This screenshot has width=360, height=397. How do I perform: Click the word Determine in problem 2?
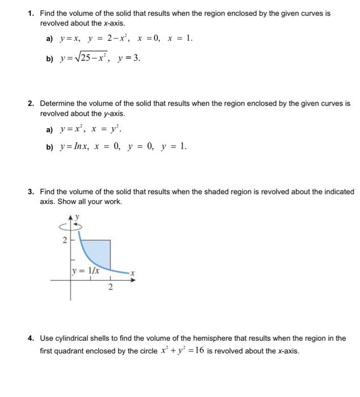point(58,104)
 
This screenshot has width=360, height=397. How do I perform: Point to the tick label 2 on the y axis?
point(65,240)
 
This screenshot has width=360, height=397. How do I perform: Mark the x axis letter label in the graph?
point(132,273)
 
